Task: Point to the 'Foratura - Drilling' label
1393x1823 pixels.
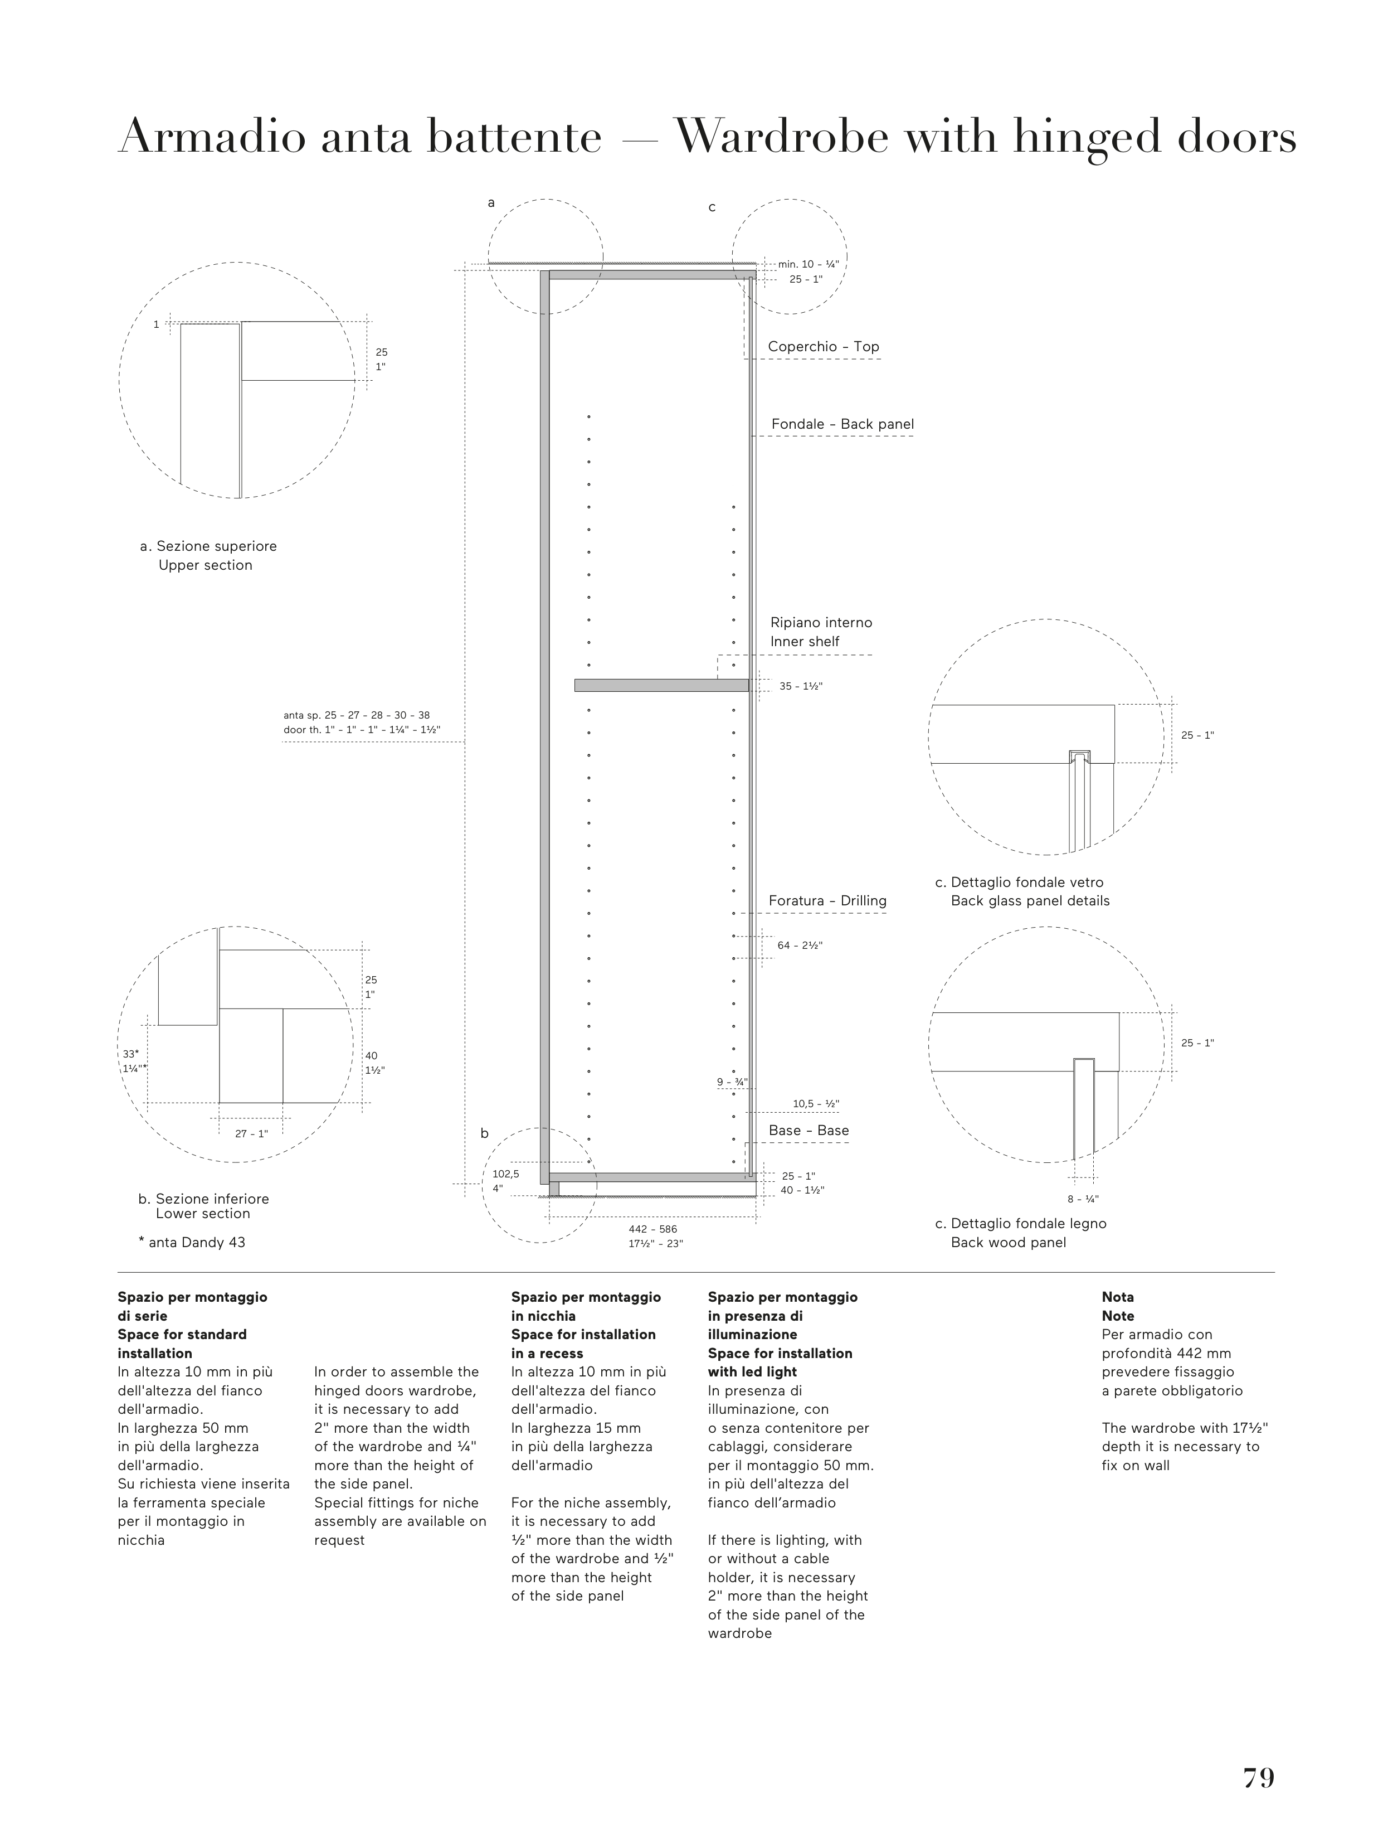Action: pyautogui.click(x=827, y=901)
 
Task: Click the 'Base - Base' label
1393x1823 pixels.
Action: pyautogui.click(x=808, y=1131)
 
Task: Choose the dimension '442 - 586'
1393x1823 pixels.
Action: pyautogui.click(x=652, y=1229)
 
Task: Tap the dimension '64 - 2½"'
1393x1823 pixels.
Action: pyautogui.click(x=800, y=946)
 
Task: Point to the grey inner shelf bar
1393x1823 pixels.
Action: pyautogui.click(x=661, y=685)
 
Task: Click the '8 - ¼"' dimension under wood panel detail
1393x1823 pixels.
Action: pyautogui.click(x=1083, y=1199)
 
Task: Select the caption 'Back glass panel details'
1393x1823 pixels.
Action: pyautogui.click(x=1030, y=901)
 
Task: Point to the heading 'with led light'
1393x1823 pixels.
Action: pyautogui.click(x=752, y=1372)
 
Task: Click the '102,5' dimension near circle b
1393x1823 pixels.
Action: pyautogui.click(x=505, y=1174)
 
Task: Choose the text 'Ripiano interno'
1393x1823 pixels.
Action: pyautogui.click(x=821, y=623)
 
